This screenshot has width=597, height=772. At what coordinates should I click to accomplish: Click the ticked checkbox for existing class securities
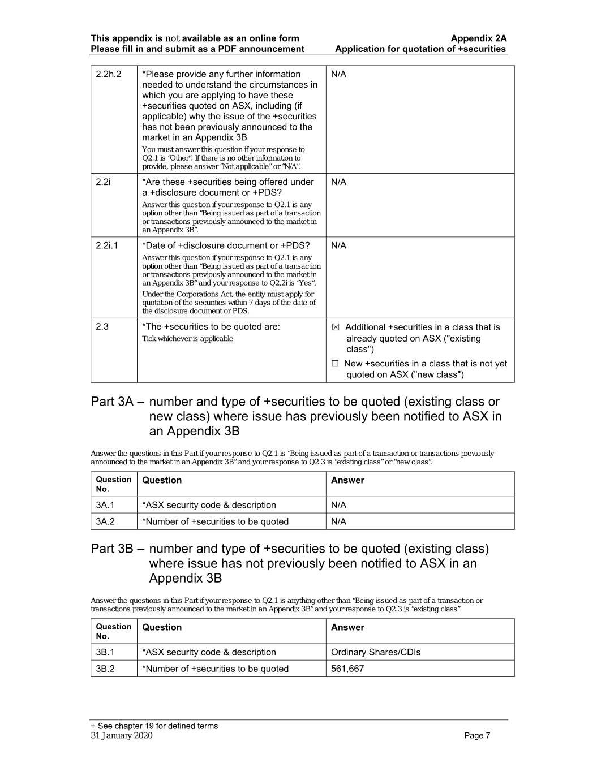(335, 327)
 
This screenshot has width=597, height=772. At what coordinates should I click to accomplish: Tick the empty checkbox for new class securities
(335, 364)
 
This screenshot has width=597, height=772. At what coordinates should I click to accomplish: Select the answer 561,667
(347, 669)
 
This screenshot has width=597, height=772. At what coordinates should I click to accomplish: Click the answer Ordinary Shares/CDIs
(375, 652)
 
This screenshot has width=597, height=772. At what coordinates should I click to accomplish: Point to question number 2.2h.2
(109, 74)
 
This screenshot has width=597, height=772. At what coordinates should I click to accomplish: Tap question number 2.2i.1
(107, 245)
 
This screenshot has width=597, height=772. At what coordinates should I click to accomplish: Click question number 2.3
(102, 327)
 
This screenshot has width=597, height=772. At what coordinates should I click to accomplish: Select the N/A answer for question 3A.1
(338, 505)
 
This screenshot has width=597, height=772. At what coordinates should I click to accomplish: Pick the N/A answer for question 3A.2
(338, 521)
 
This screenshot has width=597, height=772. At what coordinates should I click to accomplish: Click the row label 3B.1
(105, 652)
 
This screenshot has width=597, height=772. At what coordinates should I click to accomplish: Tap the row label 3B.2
(105, 669)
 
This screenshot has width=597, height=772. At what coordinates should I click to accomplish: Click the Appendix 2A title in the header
(478, 38)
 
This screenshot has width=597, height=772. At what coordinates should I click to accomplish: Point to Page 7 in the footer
(477, 735)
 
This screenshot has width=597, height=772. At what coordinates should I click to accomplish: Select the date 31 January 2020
(122, 735)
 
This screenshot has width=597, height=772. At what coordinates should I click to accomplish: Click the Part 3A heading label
(112, 402)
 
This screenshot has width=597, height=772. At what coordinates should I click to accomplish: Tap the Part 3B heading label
(112, 549)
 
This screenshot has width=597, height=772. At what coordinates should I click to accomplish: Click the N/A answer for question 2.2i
(338, 182)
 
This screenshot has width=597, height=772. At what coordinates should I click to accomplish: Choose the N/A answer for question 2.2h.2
(338, 74)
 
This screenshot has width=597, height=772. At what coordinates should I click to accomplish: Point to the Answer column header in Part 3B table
(347, 627)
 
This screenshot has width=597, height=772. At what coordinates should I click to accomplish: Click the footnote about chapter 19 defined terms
(154, 726)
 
